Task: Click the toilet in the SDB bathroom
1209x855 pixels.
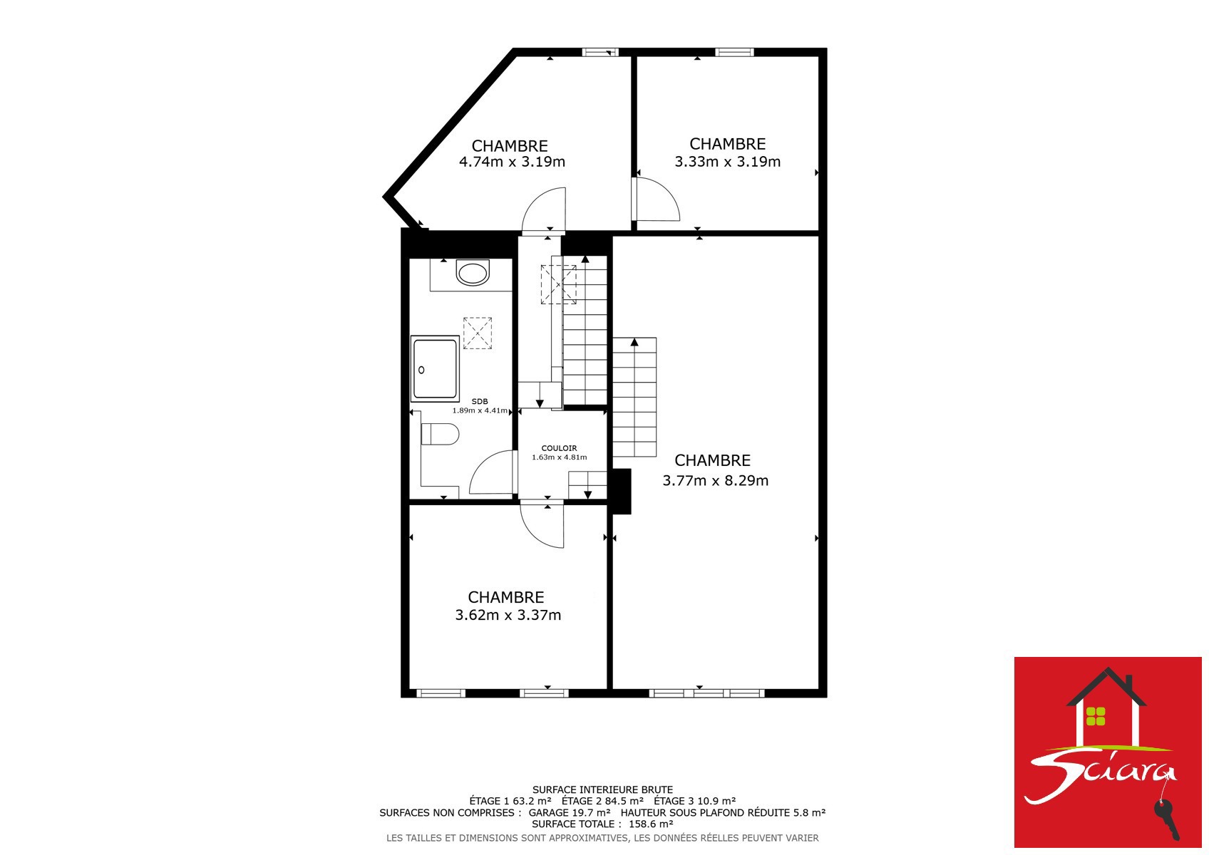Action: [439, 434]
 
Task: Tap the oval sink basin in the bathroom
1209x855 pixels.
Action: [473, 273]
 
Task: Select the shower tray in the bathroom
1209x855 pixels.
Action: [435, 368]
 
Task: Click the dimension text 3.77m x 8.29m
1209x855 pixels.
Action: [715, 480]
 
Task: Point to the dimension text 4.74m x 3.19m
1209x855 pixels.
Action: [512, 162]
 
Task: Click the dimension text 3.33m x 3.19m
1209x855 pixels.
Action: [728, 162]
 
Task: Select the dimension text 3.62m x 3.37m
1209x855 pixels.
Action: [508, 615]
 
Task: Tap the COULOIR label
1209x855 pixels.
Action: [559, 448]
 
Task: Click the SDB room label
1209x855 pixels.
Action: [479, 401]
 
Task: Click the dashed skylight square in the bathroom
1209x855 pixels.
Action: [478, 333]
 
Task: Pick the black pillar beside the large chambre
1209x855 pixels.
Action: [622, 491]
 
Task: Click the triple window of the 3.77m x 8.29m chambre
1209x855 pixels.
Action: [707, 693]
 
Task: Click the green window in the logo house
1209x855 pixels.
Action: [1096, 716]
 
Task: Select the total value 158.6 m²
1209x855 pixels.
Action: [651, 824]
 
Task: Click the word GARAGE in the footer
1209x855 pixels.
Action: [548, 812]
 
